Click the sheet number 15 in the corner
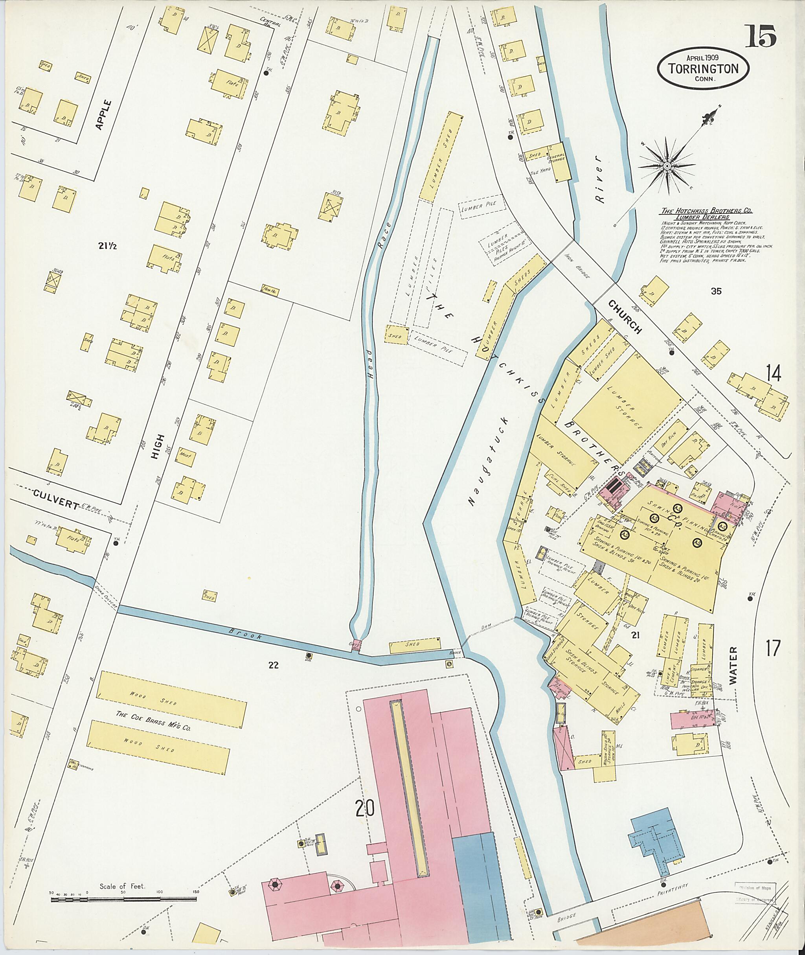[761, 37]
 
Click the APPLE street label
[105, 114]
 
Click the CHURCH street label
[626, 317]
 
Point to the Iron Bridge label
[577, 266]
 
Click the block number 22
[273, 665]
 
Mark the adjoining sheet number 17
[773, 648]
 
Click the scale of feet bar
[123, 898]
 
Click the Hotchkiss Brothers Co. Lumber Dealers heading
[706, 213]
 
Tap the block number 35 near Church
[716, 291]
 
